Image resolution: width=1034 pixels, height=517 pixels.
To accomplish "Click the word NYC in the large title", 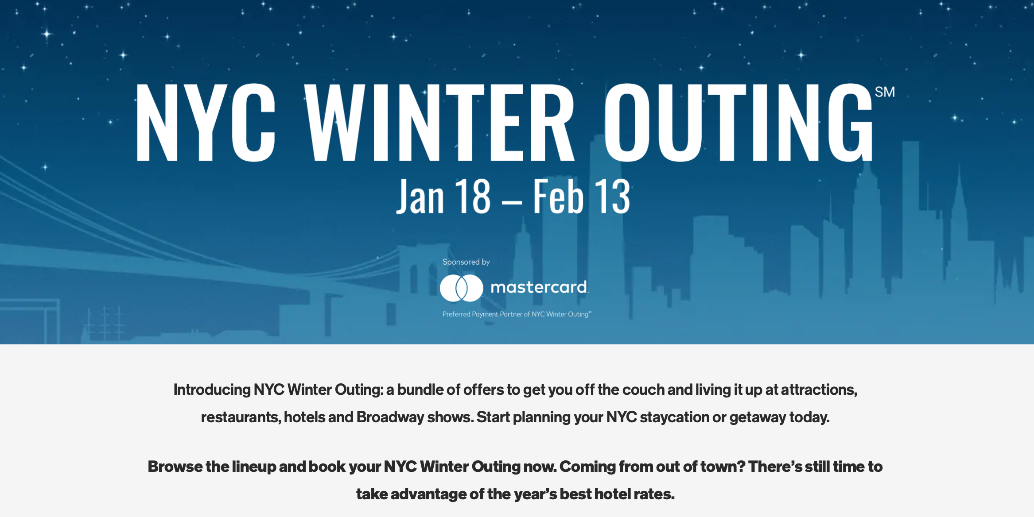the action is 206,122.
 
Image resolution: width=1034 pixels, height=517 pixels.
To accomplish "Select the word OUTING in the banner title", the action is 739,122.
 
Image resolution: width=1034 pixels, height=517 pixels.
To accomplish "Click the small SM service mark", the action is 885,92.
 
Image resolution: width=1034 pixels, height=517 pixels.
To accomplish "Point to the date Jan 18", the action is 443,196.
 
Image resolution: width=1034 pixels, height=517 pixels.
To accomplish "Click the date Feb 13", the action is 581,196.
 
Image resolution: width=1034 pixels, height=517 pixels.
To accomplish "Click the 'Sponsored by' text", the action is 466,262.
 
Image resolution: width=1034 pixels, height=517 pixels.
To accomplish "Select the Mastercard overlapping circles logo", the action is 461,288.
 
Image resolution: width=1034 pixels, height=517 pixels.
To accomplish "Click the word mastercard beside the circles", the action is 539,287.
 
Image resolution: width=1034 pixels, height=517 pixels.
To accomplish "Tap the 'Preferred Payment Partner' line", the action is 517,314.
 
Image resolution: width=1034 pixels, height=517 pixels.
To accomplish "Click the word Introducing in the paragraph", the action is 212,390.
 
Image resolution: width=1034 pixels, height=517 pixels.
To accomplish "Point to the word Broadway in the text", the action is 390,417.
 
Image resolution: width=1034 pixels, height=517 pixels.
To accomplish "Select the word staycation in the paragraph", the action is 674,417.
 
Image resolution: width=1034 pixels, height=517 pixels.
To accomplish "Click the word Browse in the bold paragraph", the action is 175,467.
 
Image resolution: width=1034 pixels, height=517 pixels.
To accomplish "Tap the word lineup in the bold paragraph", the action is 254,467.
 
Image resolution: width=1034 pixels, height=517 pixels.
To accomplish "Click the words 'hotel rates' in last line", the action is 634,494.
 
